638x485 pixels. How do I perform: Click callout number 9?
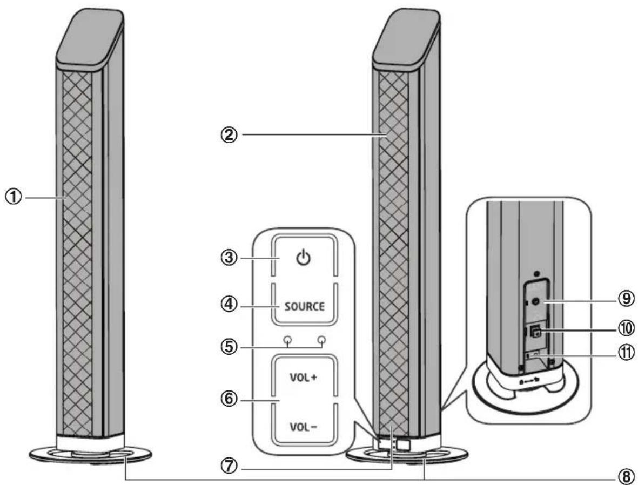pyautogui.click(x=625, y=297)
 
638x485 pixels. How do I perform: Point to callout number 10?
pyautogui.click(x=625, y=327)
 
